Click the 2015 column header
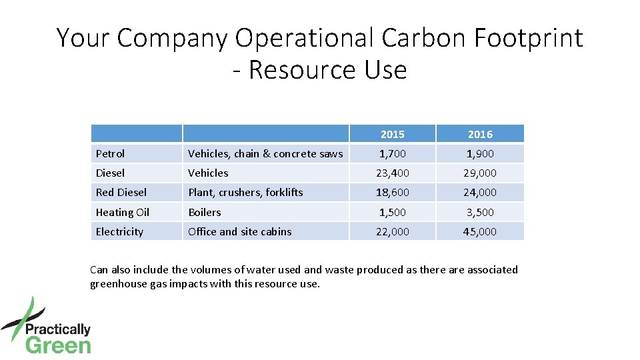tap(392, 134)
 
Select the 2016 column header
tap(480, 134)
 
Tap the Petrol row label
tap(110, 153)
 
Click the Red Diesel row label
tap(121, 192)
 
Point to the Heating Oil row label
tap(122, 212)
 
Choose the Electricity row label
tap(119, 231)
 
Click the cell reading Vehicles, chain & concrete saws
tap(265, 153)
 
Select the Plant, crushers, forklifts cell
tap(245, 192)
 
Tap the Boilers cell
tap(204, 212)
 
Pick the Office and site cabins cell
tap(239, 231)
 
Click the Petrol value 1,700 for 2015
tap(392, 153)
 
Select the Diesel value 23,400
tap(392, 173)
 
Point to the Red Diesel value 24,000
tap(480, 192)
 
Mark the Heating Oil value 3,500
tap(480, 212)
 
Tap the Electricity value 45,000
tap(480, 231)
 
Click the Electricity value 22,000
tap(392, 231)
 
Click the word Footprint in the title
tap(528, 38)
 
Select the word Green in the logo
tap(58, 345)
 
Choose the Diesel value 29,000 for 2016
tap(480, 173)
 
